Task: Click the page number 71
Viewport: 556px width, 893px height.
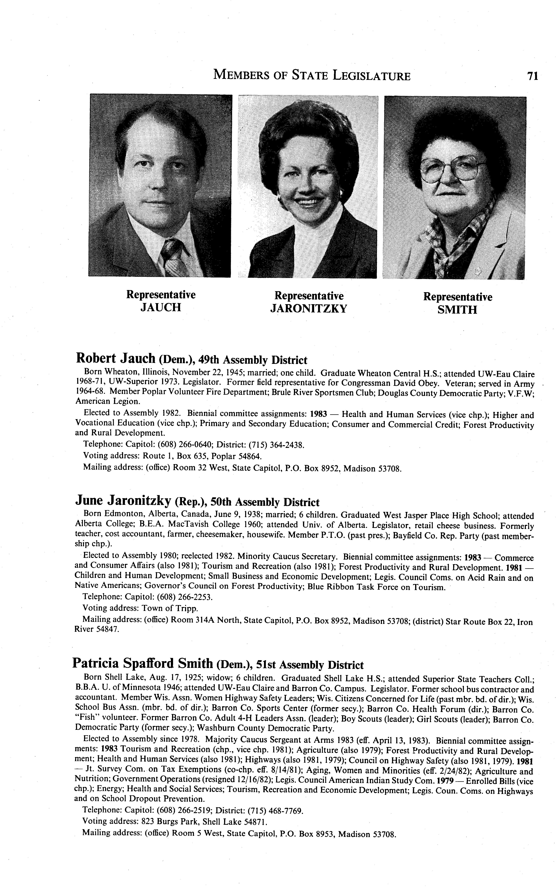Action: coord(533,76)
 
